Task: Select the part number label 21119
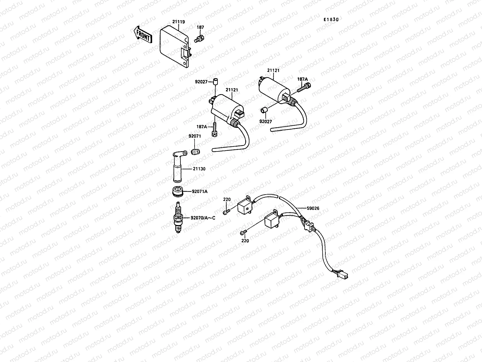[x=179, y=22]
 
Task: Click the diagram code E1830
[x=331, y=19]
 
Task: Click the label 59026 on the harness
[x=313, y=208]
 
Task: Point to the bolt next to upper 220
[x=227, y=212]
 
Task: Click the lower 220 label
[x=245, y=241]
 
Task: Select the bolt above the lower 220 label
[x=243, y=232]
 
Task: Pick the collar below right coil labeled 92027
[x=264, y=110]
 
